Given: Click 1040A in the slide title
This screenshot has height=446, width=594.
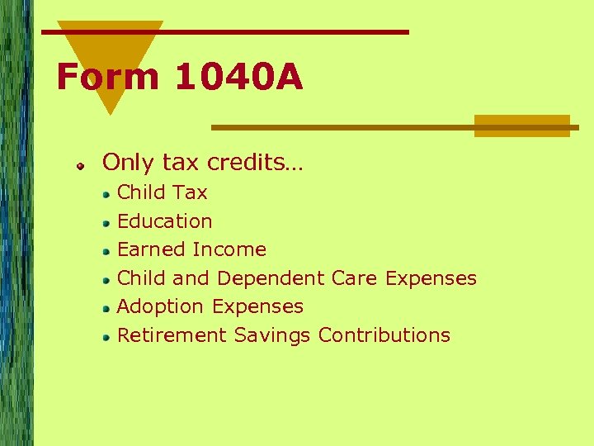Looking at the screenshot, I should (238, 78).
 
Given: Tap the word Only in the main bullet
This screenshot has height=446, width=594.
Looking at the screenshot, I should (125, 163).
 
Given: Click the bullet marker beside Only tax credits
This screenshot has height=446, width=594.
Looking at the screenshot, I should (82, 167).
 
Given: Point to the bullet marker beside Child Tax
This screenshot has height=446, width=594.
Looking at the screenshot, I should (106, 196).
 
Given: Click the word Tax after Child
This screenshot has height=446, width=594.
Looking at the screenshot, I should (191, 192).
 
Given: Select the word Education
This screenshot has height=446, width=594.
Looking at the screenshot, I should (164, 221).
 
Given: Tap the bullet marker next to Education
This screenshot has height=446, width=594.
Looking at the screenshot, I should (106, 224).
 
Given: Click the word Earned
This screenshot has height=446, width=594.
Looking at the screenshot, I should (151, 249).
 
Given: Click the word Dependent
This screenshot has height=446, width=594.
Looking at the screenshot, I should (271, 278).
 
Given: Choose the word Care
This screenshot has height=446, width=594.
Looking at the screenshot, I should (355, 278).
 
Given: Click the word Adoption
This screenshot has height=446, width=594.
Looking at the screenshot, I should (161, 306).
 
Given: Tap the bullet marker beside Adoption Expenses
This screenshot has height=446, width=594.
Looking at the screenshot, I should (106, 309).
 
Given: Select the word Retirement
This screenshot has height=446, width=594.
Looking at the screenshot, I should (172, 335).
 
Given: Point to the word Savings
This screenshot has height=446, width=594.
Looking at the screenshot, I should (272, 335).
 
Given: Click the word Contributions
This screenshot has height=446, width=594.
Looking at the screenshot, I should (384, 335).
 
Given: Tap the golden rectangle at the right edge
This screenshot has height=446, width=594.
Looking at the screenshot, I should (521, 126).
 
